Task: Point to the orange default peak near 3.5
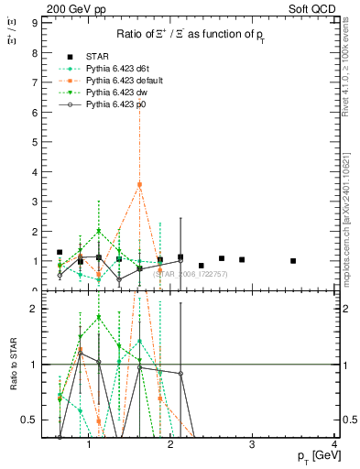(x=139, y=184)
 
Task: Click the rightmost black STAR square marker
(x=293, y=261)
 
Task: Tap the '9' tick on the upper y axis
(x=34, y=20)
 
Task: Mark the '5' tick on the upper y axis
(x=34, y=140)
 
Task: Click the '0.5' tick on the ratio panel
(x=29, y=420)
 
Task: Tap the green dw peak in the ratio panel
(x=99, y=317)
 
